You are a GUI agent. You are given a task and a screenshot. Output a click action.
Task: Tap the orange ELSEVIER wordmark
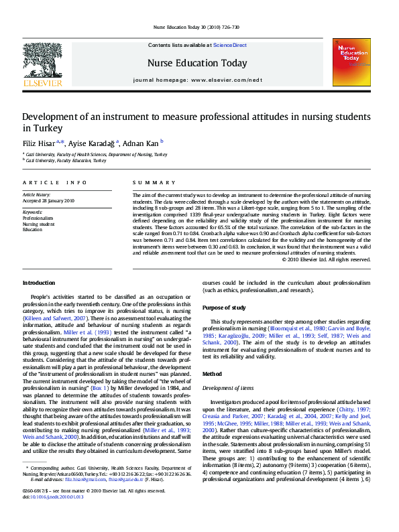(x=42, y=83)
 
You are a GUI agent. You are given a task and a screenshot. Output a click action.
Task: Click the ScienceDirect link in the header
(x=229, y=45)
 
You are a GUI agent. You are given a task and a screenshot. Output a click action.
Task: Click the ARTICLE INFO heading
(x=55, y=183)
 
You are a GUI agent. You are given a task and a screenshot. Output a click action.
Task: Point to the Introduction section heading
(x=39, y=282)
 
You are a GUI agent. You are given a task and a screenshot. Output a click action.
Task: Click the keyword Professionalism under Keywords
(x=38, y=218)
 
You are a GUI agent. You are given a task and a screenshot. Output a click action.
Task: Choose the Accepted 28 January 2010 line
(x=49, y=200)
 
